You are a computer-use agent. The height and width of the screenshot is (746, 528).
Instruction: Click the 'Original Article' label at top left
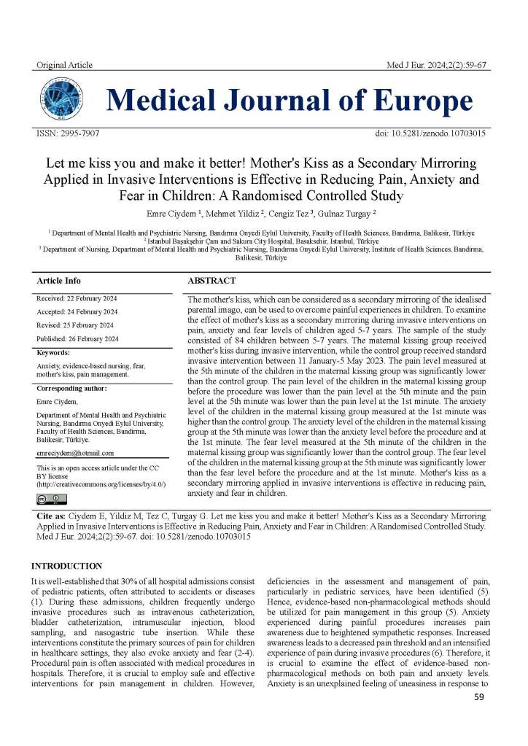(64, 66)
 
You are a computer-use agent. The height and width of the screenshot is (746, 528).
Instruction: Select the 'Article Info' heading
(59, 281)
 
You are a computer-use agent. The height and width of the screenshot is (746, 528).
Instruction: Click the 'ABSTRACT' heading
(211, 281)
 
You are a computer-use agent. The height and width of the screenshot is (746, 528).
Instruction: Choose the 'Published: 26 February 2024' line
(77, 339)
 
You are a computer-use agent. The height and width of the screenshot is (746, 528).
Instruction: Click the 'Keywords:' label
(53, 352)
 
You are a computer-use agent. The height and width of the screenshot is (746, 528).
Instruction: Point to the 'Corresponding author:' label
(74, 389)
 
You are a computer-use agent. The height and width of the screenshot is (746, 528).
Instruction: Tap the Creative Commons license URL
(101, 484)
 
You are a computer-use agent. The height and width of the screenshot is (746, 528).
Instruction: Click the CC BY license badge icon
(51, 499)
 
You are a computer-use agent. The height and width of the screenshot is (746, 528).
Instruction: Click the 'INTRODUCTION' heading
(66, 566)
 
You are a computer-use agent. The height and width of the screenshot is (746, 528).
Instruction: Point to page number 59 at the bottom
(479, 718)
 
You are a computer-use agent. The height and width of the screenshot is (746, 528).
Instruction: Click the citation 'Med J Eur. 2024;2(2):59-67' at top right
(437, 66)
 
